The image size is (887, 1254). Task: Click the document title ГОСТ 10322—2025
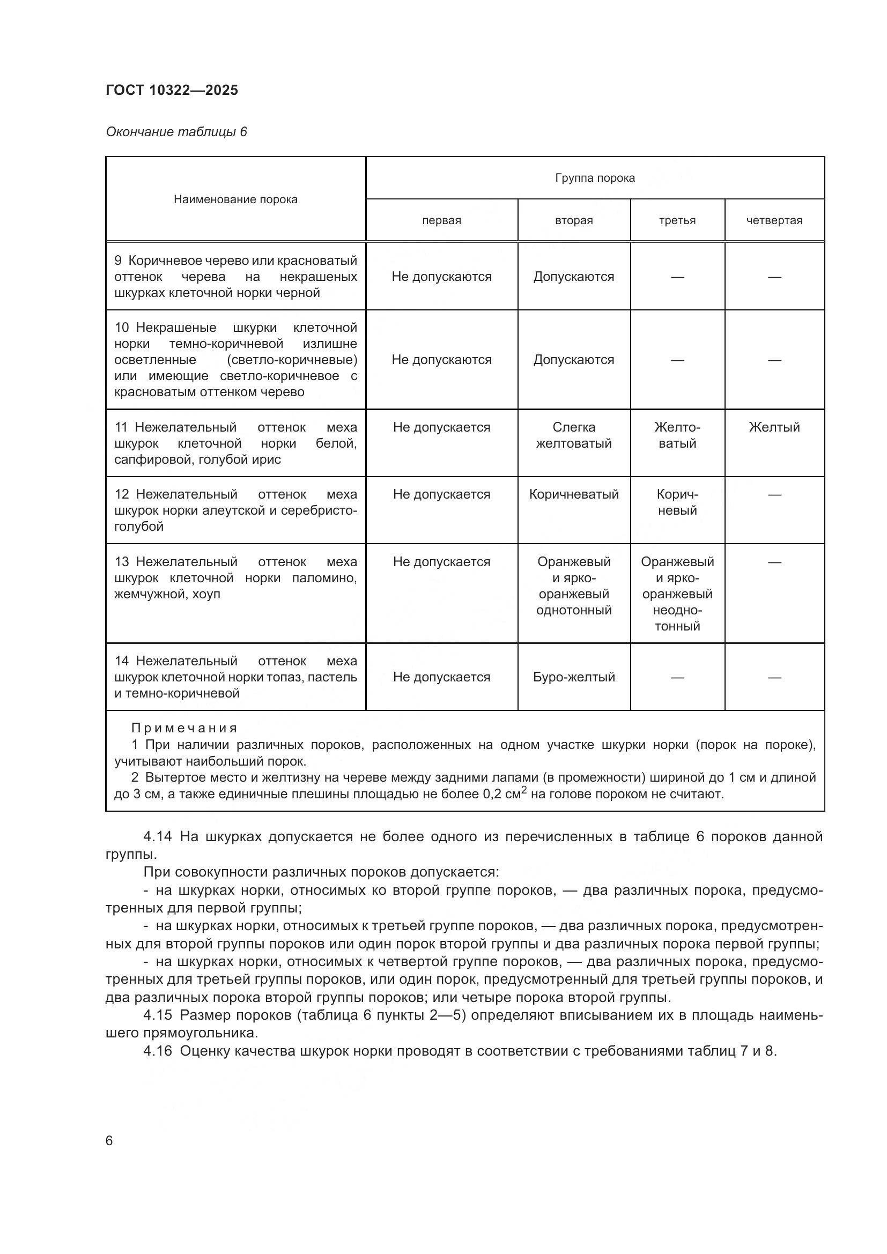172,90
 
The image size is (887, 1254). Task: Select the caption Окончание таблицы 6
176,132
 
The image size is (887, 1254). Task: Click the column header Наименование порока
235,199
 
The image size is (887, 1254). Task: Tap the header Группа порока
595,178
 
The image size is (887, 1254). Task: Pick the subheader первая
441,221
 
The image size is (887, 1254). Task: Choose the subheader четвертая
774,221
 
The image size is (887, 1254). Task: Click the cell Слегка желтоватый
573,435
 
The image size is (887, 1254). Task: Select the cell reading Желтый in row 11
774,427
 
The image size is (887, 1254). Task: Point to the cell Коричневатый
573,494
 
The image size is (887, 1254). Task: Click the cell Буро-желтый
573,677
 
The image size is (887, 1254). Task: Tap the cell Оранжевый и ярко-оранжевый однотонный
573,586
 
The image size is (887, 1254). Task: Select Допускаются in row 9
573,277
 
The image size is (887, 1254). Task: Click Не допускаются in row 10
441,360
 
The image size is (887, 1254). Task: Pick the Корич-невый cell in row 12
677,502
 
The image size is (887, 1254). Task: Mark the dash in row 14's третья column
677,678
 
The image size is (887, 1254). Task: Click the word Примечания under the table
184,728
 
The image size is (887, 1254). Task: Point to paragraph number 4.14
157,836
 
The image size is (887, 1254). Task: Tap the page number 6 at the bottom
109,1141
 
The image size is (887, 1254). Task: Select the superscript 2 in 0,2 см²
524,790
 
